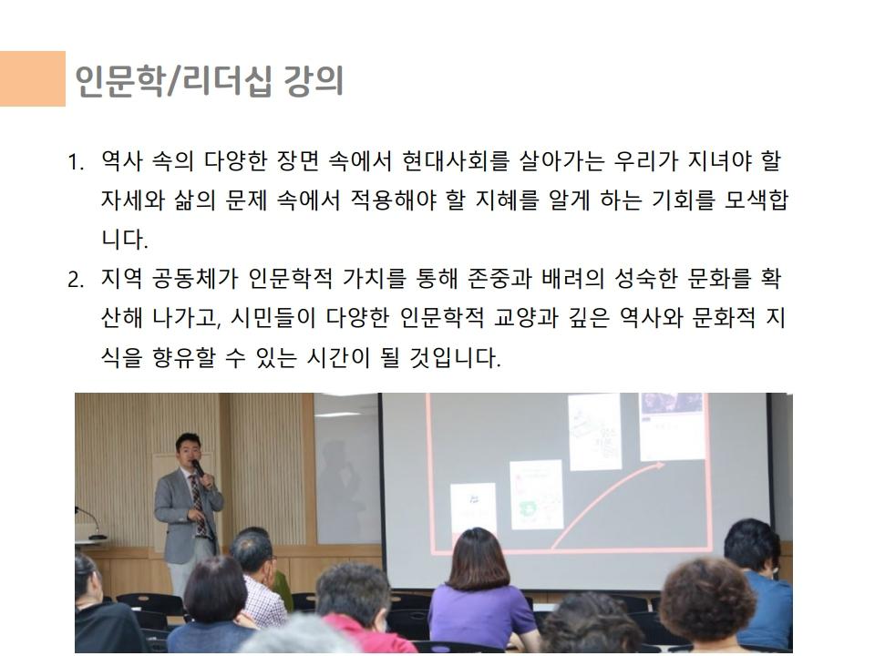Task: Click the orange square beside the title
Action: [x=33, y=78]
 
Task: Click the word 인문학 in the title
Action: [x=118, y=81]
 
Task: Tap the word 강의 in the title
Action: [x=313, y=81]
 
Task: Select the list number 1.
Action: [x=76, y=162]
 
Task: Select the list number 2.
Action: [x=76, y=279]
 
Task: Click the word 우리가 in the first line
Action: [x=645, y=161]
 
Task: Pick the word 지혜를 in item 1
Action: [x=507, y=200]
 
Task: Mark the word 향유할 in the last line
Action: [x=183, y=357]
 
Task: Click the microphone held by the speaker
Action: [x=198, y=468]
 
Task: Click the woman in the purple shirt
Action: [x=480, y=591]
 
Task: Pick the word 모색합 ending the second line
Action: [x=756, y=200]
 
